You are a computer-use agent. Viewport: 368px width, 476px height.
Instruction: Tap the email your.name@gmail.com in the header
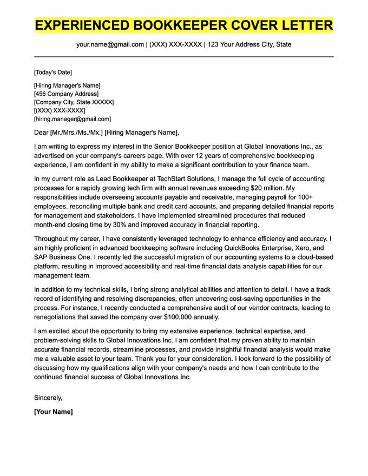(110, 44)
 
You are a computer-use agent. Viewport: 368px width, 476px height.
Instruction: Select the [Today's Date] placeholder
(53, 72)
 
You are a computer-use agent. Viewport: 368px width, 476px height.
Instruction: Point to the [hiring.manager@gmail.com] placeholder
(73, 118)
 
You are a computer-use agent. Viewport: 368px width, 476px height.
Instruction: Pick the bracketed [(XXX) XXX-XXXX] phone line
(60, 110)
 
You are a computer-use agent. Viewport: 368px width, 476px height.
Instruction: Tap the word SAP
(41, 257)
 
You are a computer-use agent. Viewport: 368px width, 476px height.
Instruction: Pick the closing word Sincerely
(48, 398)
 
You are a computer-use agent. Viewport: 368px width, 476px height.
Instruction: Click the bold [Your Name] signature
(53, 412)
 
